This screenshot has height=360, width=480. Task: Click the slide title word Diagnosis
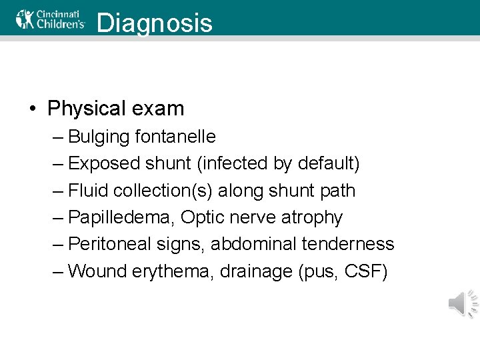[154, 23]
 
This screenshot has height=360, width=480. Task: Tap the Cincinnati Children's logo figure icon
[25, 19]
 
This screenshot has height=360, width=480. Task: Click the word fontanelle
[175, 137]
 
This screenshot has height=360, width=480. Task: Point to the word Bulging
[99, 137]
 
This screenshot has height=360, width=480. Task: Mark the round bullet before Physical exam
[33, 109]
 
